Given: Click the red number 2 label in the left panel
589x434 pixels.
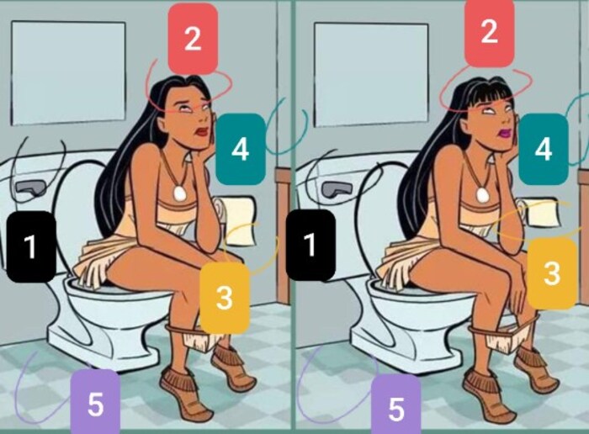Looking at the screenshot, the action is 193,39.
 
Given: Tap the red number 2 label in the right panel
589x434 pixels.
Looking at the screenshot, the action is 489,32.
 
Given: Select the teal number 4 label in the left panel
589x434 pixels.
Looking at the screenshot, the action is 241,149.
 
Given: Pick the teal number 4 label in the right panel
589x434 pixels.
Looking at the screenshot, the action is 544,150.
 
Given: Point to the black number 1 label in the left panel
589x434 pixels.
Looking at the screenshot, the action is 32,246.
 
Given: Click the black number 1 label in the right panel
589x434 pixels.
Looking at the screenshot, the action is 310,245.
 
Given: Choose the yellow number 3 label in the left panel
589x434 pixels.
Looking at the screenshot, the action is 225,298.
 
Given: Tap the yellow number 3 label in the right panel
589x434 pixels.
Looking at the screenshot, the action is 552,273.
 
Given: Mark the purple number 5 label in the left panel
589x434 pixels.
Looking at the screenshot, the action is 95,403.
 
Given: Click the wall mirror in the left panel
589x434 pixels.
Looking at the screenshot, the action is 68,73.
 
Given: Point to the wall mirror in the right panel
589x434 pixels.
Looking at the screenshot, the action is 371,75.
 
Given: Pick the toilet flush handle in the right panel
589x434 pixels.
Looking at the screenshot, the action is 337,188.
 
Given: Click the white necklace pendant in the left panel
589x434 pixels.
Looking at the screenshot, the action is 180,193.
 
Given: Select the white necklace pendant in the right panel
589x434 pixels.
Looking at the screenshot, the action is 481,194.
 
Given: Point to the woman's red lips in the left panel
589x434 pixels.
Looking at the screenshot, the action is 202,131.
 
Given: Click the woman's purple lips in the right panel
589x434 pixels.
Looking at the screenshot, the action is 503,133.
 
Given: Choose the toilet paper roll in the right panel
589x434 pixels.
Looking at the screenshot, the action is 541,212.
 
